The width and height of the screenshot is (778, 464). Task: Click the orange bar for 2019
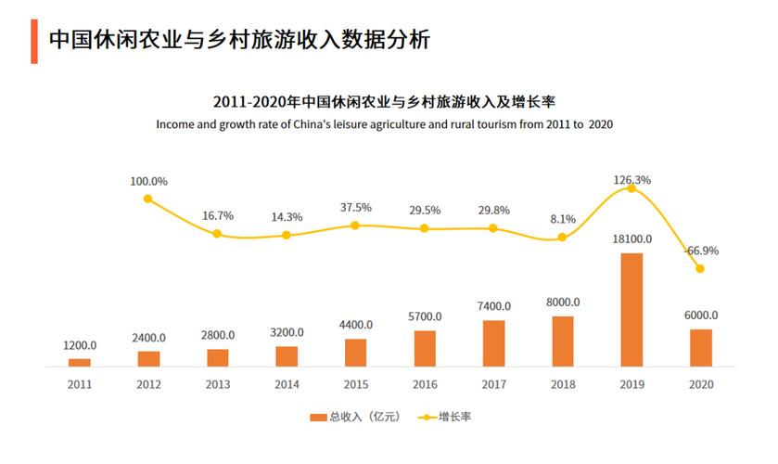pos(631,309)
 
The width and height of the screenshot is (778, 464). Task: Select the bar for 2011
pos(80,362)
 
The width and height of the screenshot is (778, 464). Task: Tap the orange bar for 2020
pos(701,347)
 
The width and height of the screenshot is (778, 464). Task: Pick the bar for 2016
pos(425,348)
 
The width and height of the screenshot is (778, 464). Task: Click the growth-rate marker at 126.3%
pos(631,188)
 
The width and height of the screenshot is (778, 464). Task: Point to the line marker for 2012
pos(148,198)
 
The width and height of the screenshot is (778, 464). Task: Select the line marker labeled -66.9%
pos(700,269)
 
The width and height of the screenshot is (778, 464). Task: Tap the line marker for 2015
pos(355,226)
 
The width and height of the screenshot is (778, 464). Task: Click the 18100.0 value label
pos(631,238)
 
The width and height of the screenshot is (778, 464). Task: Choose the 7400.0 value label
pos(493,306)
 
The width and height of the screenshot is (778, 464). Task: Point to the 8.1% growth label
pos(563,219)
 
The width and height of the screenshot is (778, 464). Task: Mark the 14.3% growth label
pos(287,216)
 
